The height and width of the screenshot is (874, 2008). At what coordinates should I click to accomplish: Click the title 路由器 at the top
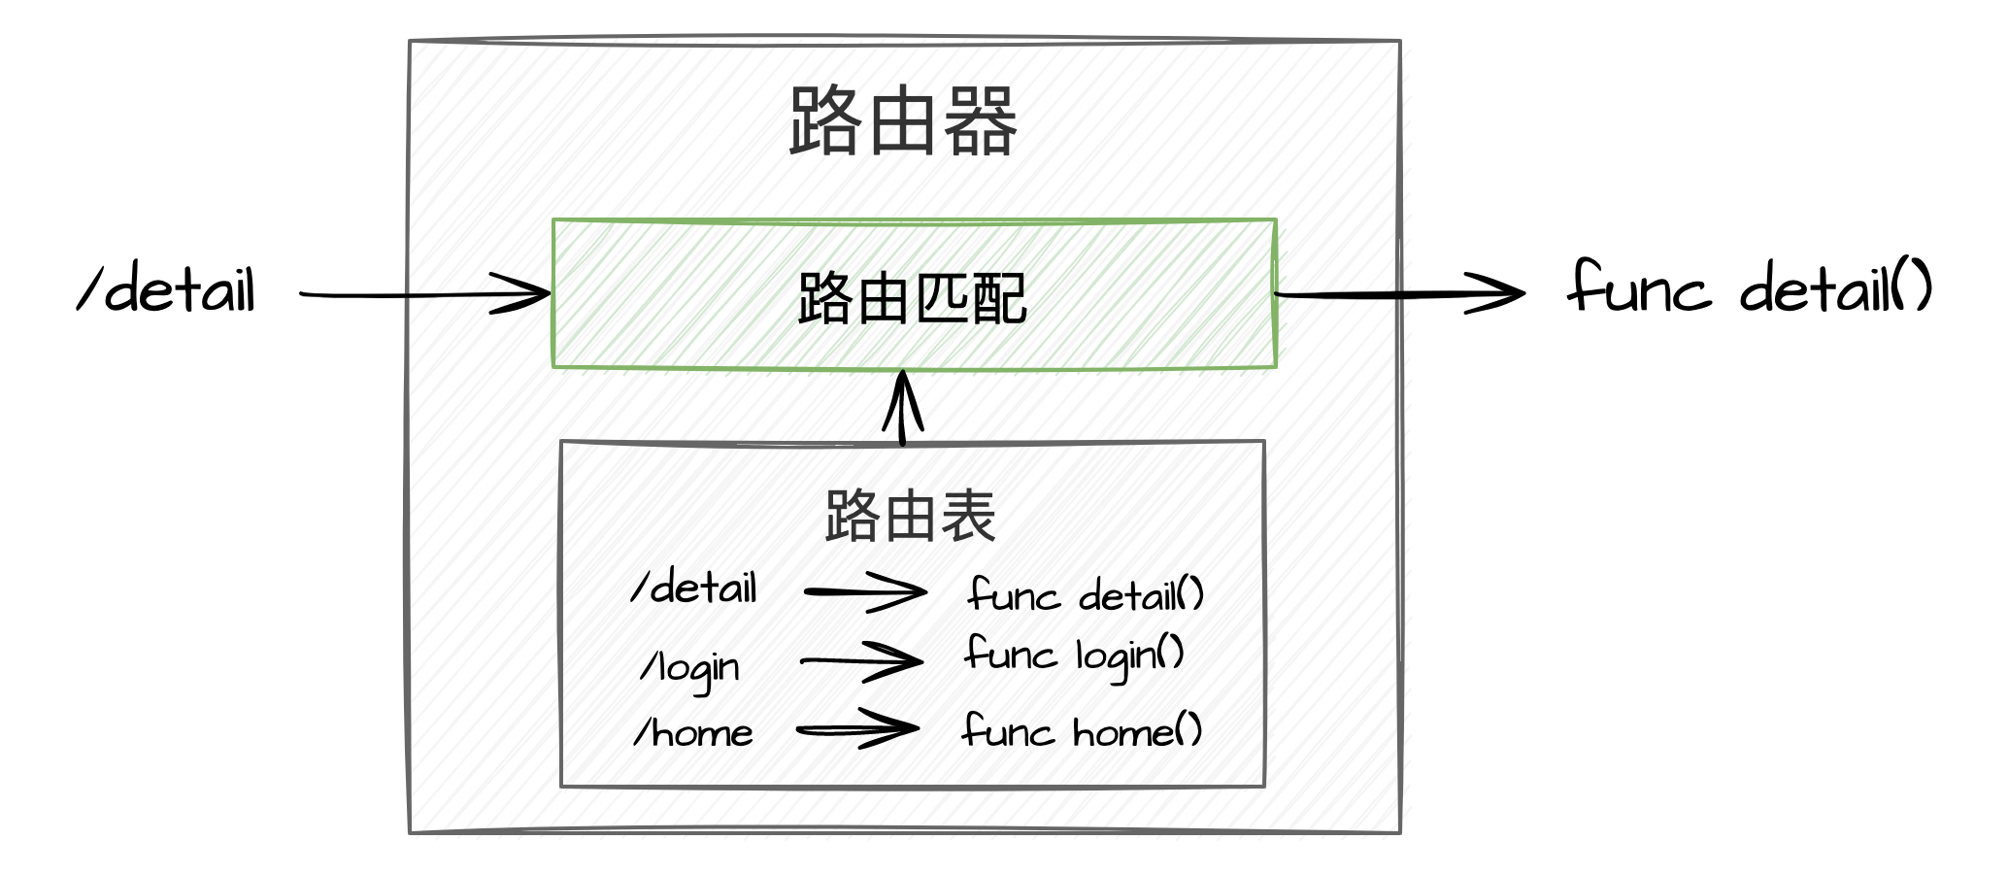click(904, 120)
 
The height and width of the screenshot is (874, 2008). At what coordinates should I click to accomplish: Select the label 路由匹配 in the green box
click(911, 298)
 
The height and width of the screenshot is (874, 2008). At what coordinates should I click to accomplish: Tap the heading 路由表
click(910, 518)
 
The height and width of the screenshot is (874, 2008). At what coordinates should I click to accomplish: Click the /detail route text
click(696, 591)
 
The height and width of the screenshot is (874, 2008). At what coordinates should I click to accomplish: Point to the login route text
click(701, 664)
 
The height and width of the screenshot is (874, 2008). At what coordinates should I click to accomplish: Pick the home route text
click(701, 731)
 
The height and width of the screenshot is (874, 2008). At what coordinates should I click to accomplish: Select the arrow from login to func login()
click(860, 660)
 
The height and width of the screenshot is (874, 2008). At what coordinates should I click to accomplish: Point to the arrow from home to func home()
click(854, 728)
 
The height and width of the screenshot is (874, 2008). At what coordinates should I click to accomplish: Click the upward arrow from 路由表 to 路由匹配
click(906, 408)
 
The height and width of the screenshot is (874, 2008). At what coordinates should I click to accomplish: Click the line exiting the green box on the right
click(1340, 292)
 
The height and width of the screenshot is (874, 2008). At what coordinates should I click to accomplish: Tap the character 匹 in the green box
click(940, 298)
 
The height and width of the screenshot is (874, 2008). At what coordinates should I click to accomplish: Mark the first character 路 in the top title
click(825, 120)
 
